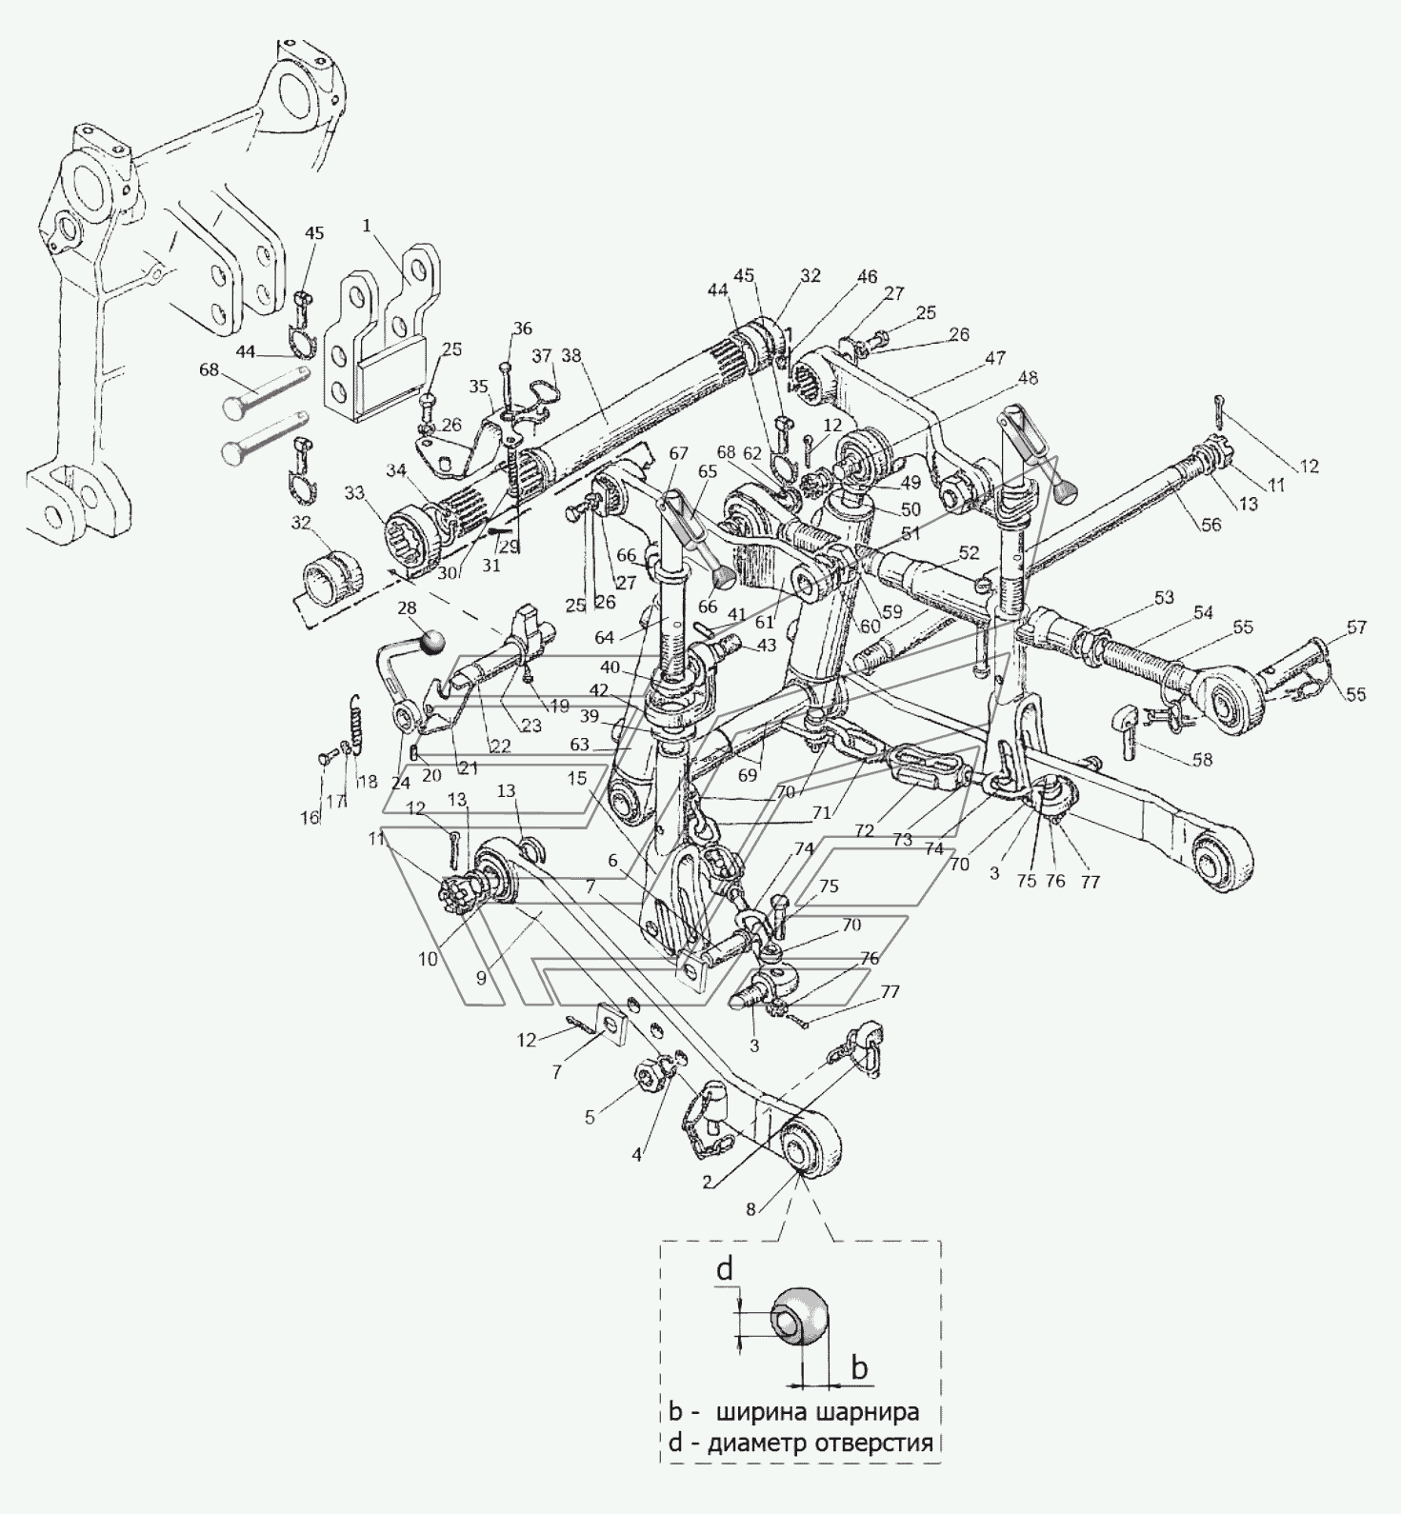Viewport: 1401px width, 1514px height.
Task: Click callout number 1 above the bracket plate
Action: pyautogui.click(x=367, y=227)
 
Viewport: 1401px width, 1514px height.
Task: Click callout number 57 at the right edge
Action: pyautogui.click(x=1356, y=628)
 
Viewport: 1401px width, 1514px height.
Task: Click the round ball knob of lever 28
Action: pyautogui.click(x=433, y=641)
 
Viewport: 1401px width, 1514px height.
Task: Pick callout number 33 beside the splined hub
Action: pyautogui.click(x=354, y=493)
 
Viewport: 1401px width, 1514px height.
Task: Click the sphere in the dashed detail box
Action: pyautogui.click(x=801, y=1316)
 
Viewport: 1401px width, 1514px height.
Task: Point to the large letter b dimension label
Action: pyautogui.click(x=859, y=1367)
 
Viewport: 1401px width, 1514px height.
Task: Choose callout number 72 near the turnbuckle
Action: pyautogui.click(x=865, y=830)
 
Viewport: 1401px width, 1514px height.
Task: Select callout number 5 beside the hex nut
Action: pyautogui.click(x=590, y=1117)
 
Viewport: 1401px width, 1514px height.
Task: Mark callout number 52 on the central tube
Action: pyautogui.click(x=970, y=552)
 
